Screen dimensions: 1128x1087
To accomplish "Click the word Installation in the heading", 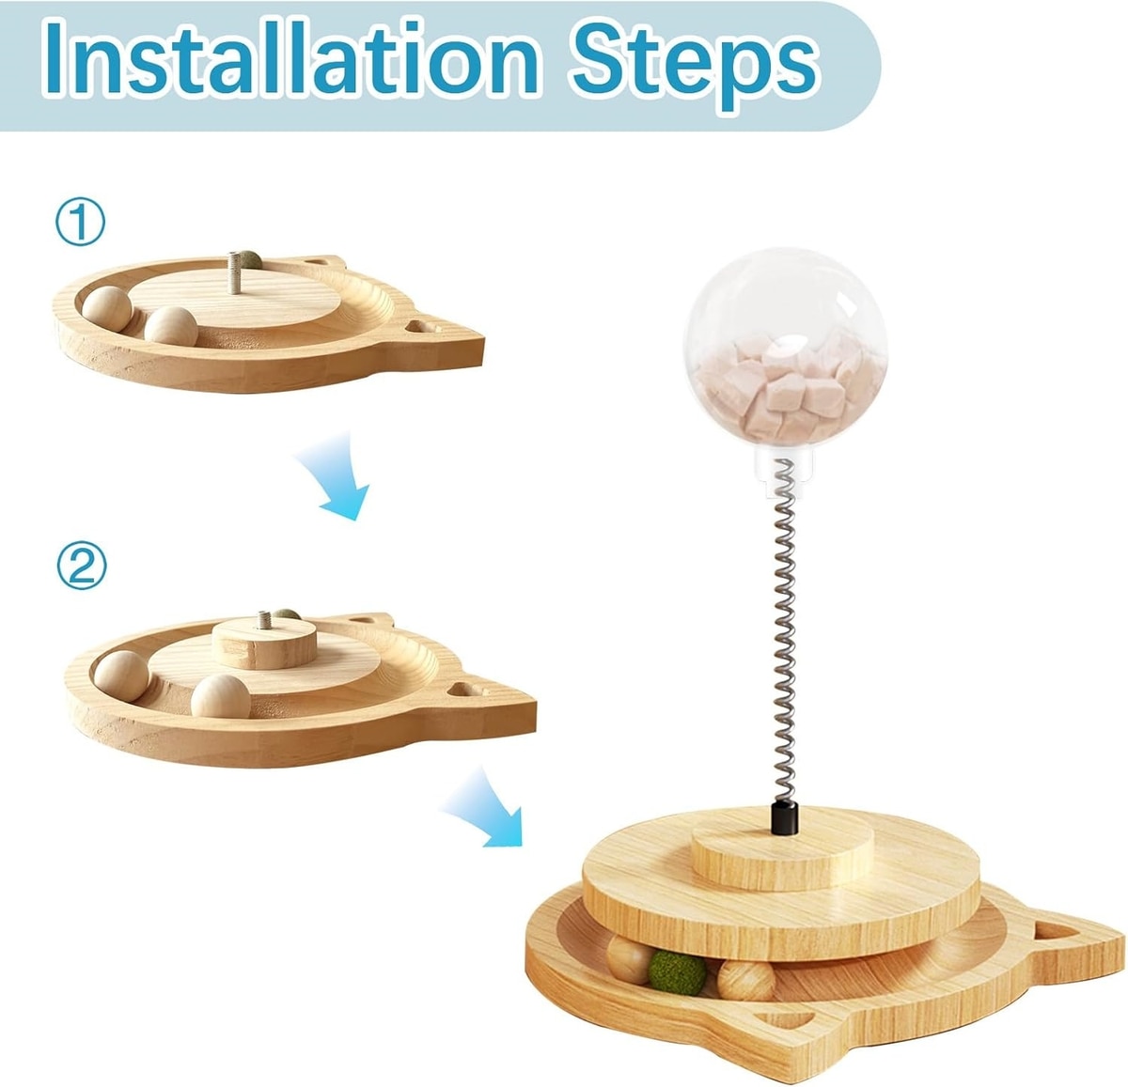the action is tap(291, 61).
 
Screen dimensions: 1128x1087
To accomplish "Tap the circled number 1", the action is tap(81, 223).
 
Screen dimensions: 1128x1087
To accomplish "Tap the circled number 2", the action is tap(82, 566).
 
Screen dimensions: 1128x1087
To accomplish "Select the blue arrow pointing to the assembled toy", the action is tap(487, 808).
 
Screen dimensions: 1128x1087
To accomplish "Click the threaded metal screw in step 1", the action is tap(234, 272).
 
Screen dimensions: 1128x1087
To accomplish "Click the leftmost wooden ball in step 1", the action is tap(107, 309).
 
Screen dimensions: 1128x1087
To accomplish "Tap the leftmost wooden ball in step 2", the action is tap(121, 675).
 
